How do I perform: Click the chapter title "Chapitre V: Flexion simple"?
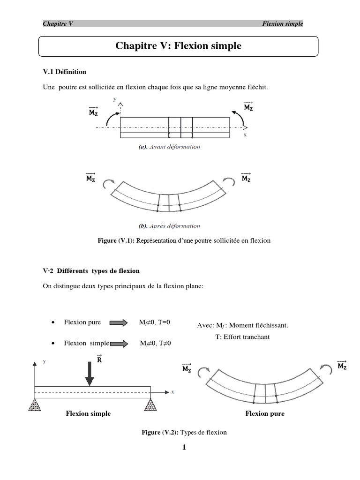(178, 46)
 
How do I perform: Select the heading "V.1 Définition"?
(65, 72)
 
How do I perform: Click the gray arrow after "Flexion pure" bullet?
(119, 322)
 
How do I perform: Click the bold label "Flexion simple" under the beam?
(88, 413)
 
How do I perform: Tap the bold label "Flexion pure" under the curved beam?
(265, 413)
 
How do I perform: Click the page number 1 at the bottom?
(184, 447)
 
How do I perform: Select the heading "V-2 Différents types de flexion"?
(91, 271)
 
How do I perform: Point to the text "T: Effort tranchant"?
(242, 337)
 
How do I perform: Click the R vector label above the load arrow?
(99, 360)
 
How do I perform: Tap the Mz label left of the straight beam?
(93, 112)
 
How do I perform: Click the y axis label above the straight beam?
(115, 99)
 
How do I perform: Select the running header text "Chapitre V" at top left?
(58, 24)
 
